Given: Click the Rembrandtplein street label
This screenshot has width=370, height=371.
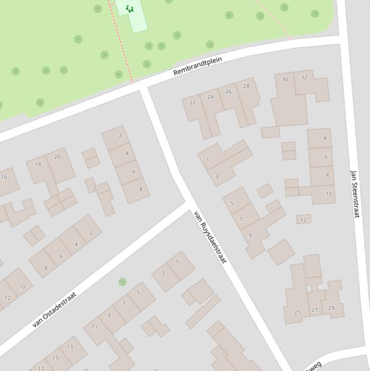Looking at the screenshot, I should coord(198,66).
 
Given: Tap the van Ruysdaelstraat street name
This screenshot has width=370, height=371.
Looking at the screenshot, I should coord(210,237).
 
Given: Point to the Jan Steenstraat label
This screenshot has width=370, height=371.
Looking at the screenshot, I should coord(355,193).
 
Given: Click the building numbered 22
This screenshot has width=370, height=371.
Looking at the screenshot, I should coord(193,102).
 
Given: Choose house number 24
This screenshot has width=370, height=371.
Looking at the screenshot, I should coord(210,97).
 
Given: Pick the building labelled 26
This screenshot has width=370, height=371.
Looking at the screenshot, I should coord(228,92).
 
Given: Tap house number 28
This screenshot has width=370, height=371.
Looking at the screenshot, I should coord(246,86).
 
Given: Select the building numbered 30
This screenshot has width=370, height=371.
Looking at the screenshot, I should coord(285,79).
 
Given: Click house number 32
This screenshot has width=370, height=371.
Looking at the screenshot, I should coord(304,77).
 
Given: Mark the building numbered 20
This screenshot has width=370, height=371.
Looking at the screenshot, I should coord(57,157).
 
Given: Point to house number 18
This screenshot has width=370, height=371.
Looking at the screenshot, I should coord(38,164).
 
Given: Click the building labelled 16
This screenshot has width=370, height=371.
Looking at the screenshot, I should coord(4,177).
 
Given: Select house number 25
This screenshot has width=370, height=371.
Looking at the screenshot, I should coord(297,312).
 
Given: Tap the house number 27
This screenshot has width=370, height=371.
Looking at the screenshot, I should coord(315,310).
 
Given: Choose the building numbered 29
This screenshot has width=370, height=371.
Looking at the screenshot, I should coord(331,308).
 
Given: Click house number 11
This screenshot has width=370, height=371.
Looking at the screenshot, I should coord(94,327).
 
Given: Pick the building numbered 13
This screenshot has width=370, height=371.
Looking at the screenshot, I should coord(70,346).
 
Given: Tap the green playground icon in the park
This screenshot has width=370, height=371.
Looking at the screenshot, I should coord(129,8).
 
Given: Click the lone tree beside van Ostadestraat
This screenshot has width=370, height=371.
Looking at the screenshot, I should coord(123,282).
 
